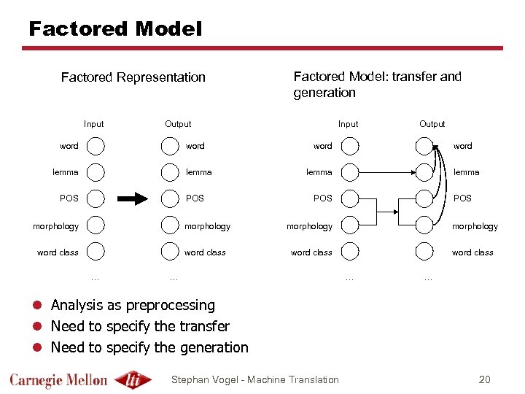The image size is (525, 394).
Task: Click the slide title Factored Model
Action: click(114, 29)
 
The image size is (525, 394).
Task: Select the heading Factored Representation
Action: click(133, 77)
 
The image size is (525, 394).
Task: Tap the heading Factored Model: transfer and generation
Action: click(376, 84)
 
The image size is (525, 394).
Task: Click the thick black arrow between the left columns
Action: click(133, 198)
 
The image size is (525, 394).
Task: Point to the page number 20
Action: click(485, 379)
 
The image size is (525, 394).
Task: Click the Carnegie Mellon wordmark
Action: click(58, 379)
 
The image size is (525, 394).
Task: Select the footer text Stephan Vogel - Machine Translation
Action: click(254, 379)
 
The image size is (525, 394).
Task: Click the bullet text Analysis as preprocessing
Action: click(133, 305)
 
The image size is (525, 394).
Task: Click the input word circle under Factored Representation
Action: click(96, 146)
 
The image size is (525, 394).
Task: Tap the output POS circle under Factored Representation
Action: click(170, 198)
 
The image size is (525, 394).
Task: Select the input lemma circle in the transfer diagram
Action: click(350, 172)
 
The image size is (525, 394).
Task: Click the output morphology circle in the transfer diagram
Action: click(424, 225)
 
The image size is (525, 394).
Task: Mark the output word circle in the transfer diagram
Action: click(424, 146)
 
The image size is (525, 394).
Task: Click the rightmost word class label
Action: click(472, 252)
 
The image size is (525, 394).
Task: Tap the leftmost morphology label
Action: click(55, 226)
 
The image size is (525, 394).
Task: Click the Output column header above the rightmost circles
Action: click(432, 124)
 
